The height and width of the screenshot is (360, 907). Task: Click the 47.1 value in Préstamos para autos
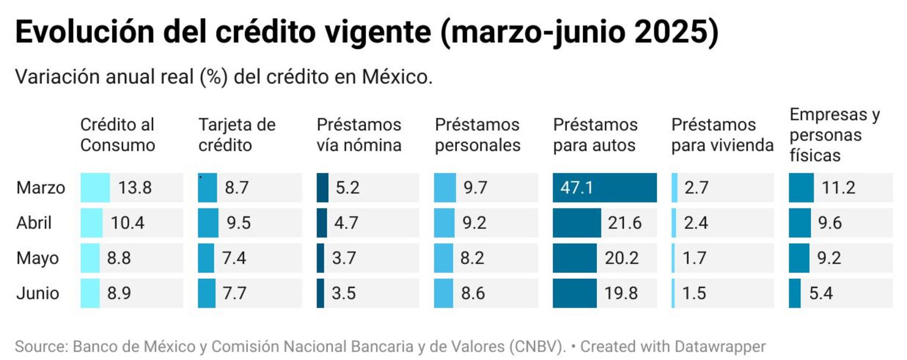tap(577, 188)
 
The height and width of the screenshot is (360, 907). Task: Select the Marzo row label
tap(41, 188)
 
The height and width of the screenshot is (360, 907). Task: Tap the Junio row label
tap(38, 293)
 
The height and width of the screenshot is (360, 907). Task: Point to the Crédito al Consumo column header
tap(117, 135)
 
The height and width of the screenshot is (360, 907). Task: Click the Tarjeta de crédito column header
tap(237, 135)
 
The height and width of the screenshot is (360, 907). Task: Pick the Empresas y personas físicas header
tap(834, 135)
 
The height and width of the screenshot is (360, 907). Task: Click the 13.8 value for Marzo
tap(135, 188)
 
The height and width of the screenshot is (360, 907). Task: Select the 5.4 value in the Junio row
tap(821, 293)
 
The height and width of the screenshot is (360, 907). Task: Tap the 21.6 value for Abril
tap(625, 223)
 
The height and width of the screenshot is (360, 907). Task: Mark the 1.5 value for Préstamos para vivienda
tap(694, 293)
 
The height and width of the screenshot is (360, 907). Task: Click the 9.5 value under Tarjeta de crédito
tap(238, 223)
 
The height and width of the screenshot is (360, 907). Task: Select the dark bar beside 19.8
tap(574, 293)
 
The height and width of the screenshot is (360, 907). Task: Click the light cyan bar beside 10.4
tap(91, 223)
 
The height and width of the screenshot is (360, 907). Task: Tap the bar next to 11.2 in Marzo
tap(801, 188)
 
